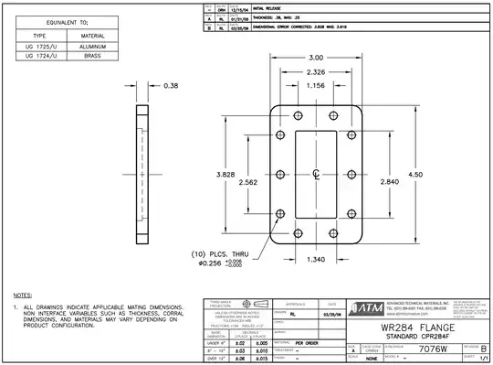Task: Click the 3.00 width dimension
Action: point(315,58)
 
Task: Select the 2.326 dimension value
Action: point(315,71)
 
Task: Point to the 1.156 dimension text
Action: point(315,85)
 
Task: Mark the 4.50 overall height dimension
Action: point(416,174)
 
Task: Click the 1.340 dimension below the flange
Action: point(315,259)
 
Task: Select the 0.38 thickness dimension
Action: point(170,86)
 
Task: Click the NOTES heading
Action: point(25,295)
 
